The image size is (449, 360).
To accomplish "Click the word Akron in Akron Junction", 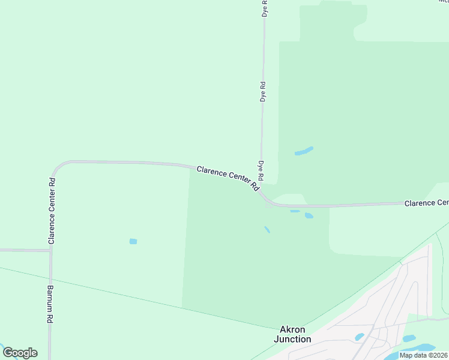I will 293,330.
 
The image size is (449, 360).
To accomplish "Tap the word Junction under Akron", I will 292,339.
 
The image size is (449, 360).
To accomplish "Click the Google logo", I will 20,353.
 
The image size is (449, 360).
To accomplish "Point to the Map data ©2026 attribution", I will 423,355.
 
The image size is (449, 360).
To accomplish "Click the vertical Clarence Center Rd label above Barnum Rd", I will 52,211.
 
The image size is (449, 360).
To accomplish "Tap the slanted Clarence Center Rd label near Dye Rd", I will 228,179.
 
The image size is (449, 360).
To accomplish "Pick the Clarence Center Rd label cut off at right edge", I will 426,203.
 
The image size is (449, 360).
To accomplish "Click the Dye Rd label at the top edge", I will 265,8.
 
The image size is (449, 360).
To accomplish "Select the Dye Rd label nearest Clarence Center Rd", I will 261,171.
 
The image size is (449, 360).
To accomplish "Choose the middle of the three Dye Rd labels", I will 263,91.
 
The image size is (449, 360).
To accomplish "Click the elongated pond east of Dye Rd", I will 304,151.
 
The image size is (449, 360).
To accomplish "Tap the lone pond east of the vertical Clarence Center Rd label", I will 133,241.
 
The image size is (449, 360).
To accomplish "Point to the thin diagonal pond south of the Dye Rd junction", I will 267,229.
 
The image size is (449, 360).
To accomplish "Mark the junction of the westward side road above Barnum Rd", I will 50,250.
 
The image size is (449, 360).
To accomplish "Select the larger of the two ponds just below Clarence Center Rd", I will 309,215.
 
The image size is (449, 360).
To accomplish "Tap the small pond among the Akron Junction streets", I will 360,337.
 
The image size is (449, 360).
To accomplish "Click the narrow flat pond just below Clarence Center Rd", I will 295,211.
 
